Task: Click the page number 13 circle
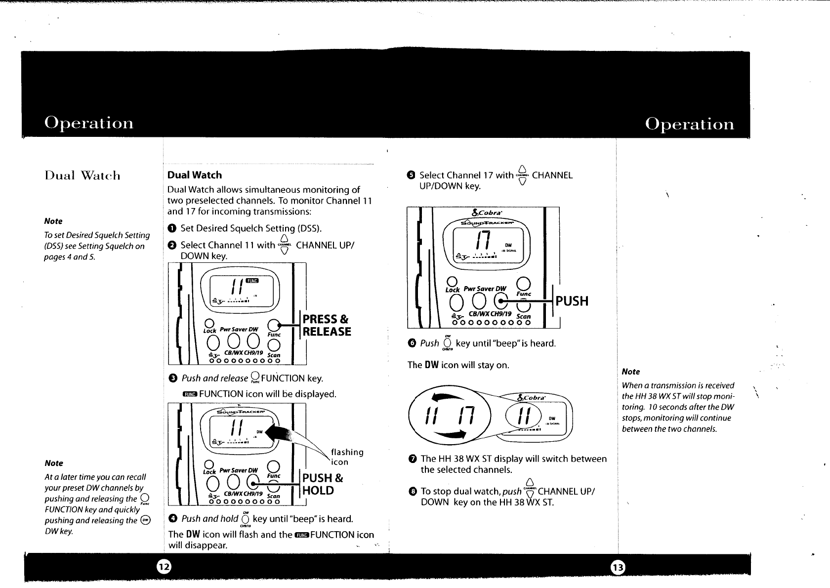pos(618,568)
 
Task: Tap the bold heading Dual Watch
pos(195,175)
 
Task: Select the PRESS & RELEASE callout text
pos(327,325)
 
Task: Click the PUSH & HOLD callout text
pos(322,484)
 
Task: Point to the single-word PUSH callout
pos(572,301)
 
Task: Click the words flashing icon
pos(347,457)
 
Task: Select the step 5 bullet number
pos(410,175)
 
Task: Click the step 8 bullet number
pos(412,492)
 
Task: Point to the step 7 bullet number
pos(412,459)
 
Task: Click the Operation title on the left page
pos(89,123)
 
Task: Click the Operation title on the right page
pos(690,124)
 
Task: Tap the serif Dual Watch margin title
pos(83,176)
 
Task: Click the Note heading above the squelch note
pos(53,221)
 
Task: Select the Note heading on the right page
pos(631,372)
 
